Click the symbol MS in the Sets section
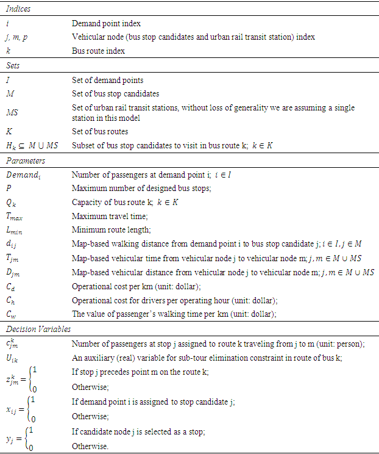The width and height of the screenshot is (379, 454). pos(12,112)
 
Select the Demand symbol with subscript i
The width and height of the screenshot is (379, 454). pos(23,175)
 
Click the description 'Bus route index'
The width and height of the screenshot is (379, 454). pos(98,51)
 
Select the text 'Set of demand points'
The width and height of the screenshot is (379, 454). pos(107,80)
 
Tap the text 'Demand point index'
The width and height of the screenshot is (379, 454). pos(106,24)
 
